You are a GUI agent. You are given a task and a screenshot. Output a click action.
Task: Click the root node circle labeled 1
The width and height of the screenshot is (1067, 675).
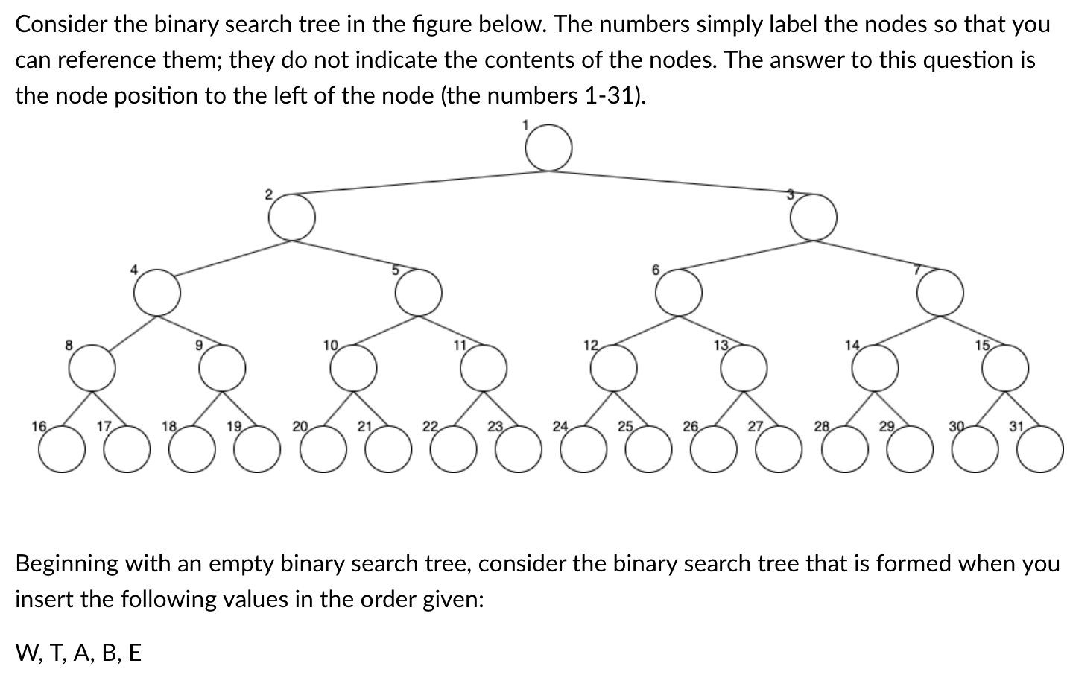pyautogui.click(x=548, y=149)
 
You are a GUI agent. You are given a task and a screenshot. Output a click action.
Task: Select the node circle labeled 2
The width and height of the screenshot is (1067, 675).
pyautogui.click(x=291, y=218)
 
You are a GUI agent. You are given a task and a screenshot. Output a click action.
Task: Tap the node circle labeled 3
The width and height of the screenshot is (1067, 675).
pyautogui.click(x=813, y=218)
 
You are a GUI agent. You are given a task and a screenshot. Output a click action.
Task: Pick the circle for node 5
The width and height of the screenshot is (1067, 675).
pyautogui.click(x=418, y=292)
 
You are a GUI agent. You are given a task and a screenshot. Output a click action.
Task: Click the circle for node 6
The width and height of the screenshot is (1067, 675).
pyautogui.click(x=679, y=292)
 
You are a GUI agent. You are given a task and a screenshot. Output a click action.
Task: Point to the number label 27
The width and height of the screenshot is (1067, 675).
pyautogui.click(x=756, y=427)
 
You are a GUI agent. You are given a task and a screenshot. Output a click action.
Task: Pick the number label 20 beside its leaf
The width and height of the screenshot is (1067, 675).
pyautogui.click(x=300, y=427)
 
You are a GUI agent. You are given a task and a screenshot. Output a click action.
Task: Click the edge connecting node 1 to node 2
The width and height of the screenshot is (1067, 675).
pyautogui.click(x=417, y=183)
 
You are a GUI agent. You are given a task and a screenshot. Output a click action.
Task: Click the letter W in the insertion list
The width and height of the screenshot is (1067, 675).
pyautogui.click(x=27, y=653)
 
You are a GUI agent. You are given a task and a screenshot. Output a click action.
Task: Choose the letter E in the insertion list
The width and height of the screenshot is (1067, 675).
pyautogui.click(x=134, y=653)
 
